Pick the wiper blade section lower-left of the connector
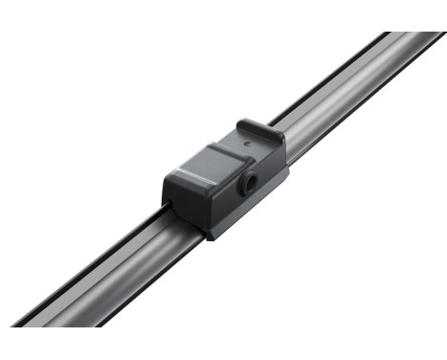[105, 278]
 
